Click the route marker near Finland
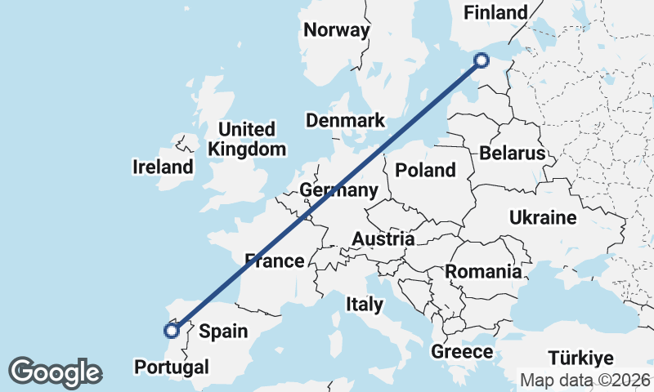(482, 60)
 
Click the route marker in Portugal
(172, 331)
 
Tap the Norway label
(336, 30)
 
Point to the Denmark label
(345, 121)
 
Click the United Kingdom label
(247, 140)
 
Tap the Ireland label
(163, 167)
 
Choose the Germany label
(338, 190)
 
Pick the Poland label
(425, 170)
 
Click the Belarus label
(513, 154)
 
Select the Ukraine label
(543, 218)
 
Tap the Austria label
(383, 239)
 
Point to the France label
(275, 261)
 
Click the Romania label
(483, 271)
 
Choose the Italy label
(365, 305)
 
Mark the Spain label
(223, 332)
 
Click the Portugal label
(172, 367)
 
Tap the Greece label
(462, 352)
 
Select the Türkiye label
(580, 359)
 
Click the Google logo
(55, 372)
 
